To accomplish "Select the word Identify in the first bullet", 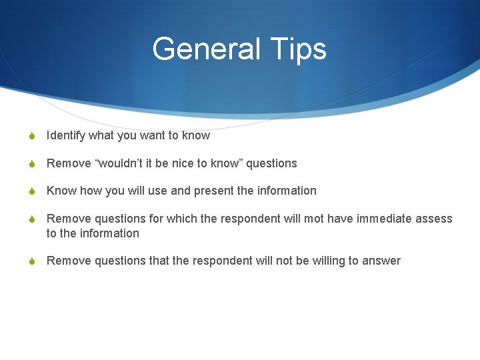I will point(66,135).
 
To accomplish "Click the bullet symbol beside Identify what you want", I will point(31,136).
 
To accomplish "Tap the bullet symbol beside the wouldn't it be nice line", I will point(31,164).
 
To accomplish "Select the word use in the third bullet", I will point(158,191).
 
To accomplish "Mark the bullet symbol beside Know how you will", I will point(31,191).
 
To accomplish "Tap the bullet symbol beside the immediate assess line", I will point(31,219).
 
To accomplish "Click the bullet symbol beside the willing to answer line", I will point(31,261).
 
